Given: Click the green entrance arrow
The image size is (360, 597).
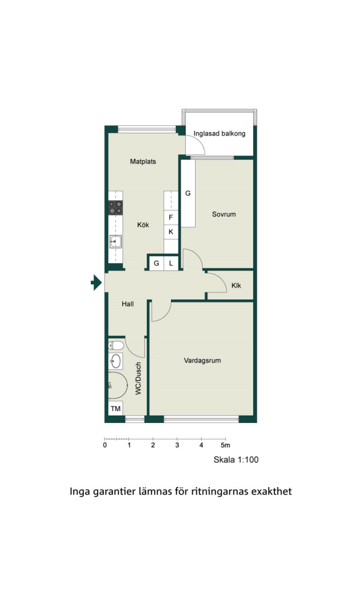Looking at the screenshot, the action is tap(96, 282).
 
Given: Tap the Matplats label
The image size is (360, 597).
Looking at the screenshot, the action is tap(143, 161).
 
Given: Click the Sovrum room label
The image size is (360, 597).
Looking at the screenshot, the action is tap(224, 214).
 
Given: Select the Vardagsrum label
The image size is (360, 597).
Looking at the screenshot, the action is tap(202, 360).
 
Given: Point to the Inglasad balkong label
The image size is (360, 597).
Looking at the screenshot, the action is tap(220, 134).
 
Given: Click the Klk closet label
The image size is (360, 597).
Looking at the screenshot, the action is tap(236, 286).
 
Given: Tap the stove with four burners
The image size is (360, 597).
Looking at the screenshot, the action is tap(116, 207).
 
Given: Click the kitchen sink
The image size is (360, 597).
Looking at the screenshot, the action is tap(116, 242).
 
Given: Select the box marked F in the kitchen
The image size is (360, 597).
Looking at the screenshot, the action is tap(171, 217).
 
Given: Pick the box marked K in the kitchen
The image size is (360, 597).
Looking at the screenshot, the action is tap(171, 232).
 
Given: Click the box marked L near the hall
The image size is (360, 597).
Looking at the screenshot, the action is tap(171, 263).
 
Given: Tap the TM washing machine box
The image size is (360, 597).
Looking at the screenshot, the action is tap(116, 409).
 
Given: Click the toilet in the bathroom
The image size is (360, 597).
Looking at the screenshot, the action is tap(116, 345).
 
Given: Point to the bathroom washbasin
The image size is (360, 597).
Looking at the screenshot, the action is tap(116, 361).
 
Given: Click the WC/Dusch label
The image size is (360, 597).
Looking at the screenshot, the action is tap(138, 378).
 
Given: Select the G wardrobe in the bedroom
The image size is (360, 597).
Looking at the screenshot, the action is tap(188, 193).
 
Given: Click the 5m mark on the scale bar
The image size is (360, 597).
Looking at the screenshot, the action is tap(226, 444).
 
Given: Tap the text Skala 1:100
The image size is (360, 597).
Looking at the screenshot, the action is tap(236, 459).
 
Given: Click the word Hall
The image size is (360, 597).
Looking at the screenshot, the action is tap(128, 304).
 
